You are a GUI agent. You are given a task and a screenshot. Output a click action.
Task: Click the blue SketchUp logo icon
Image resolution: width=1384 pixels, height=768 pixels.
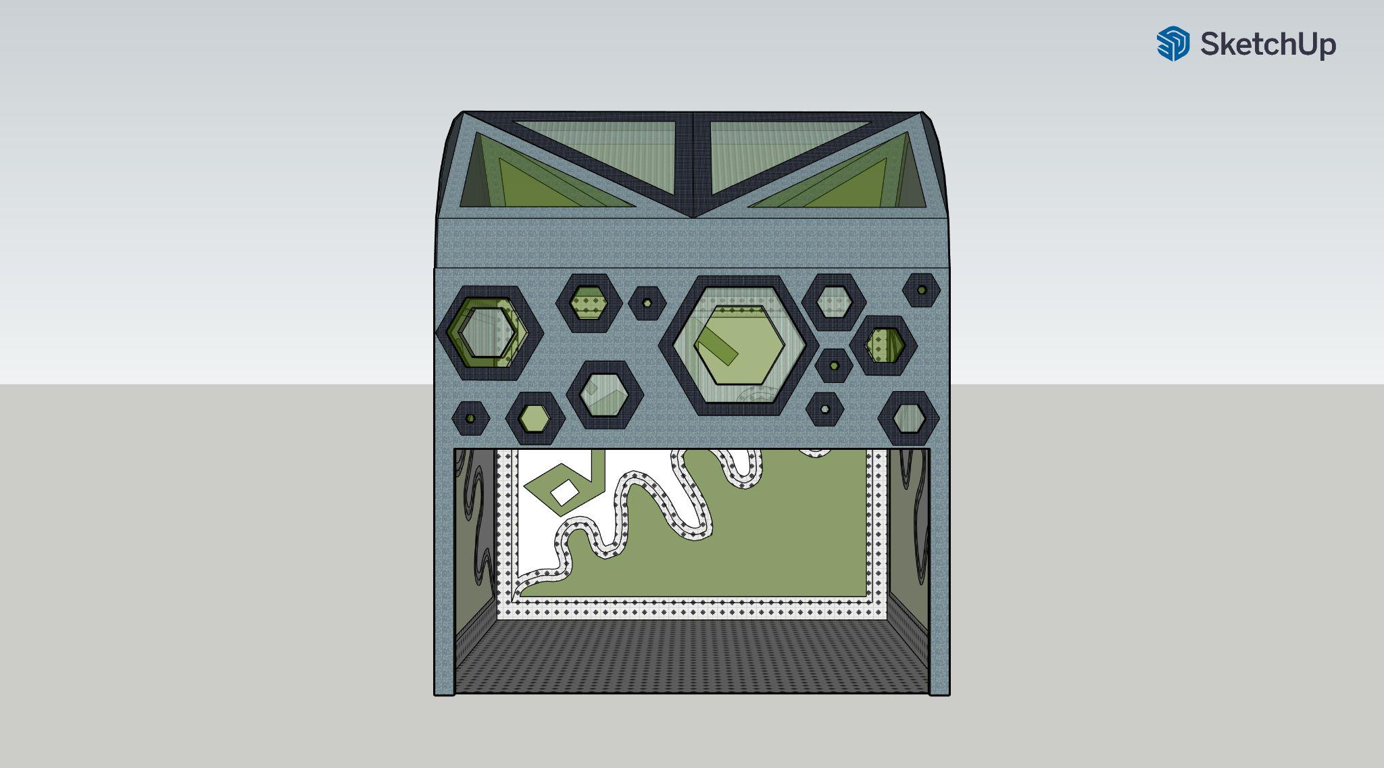1172,44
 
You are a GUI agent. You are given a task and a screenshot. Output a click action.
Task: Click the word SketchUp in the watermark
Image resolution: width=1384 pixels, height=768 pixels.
1268,45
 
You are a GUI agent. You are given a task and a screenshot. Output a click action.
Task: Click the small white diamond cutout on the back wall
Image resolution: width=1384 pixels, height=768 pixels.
565,492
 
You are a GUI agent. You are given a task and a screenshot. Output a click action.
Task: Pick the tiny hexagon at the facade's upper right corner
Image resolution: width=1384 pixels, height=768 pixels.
921,290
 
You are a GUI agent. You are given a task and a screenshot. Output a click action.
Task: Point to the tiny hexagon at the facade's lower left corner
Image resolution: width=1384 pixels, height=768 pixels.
470,419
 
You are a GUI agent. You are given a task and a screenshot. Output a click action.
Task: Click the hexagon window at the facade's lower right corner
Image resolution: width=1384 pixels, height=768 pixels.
908,419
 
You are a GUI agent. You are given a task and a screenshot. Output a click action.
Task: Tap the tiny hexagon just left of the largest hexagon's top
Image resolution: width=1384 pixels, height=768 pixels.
647,302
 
